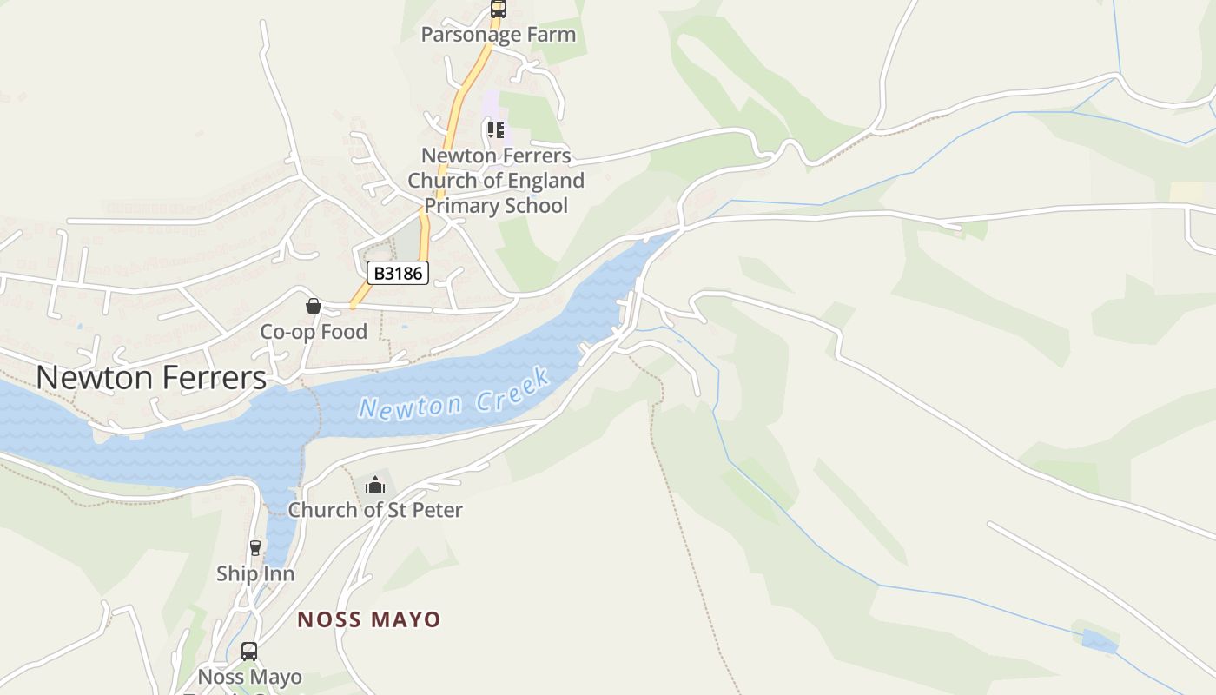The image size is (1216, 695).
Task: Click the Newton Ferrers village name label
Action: pos(151,377)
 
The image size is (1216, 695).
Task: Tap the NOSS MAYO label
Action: pos(369,619)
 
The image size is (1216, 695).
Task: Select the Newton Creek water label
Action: pos(454,395)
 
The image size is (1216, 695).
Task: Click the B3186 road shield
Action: pos(398,273)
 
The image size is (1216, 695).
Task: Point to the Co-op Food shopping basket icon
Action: pos(314,306)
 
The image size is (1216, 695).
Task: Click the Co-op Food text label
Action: pos(314,332)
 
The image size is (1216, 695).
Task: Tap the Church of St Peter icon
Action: pos(375,485)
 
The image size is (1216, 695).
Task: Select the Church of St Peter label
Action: pos(375,510)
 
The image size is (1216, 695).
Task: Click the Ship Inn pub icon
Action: pos(255,548)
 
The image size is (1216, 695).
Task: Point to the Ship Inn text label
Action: pos(255,573)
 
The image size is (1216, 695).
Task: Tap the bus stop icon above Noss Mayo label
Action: pos(249,651)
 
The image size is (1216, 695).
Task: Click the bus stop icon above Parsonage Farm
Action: pos(498,9)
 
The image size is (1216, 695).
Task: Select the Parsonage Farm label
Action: pos(498,35)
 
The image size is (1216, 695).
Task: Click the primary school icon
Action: pos(496,131)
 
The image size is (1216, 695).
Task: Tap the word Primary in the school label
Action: pos(459,206)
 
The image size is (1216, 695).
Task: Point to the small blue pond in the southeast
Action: pos(1099,642)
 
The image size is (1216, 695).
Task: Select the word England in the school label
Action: pos(546,181)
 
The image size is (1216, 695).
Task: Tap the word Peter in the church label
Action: pos(437,510)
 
